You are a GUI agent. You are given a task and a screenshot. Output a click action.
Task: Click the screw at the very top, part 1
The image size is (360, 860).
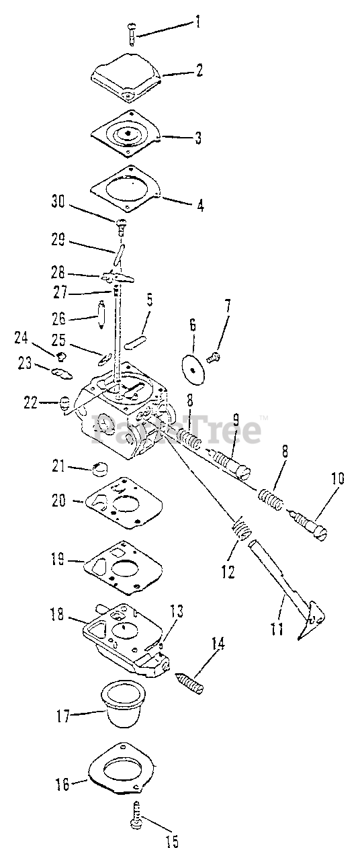point(132,34)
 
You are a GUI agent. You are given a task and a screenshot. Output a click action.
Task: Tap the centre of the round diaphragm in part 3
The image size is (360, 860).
point(127,133)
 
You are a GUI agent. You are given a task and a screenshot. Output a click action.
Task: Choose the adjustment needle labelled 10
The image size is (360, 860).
point(307,528)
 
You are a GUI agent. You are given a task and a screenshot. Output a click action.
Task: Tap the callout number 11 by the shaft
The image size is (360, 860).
point(276,628)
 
